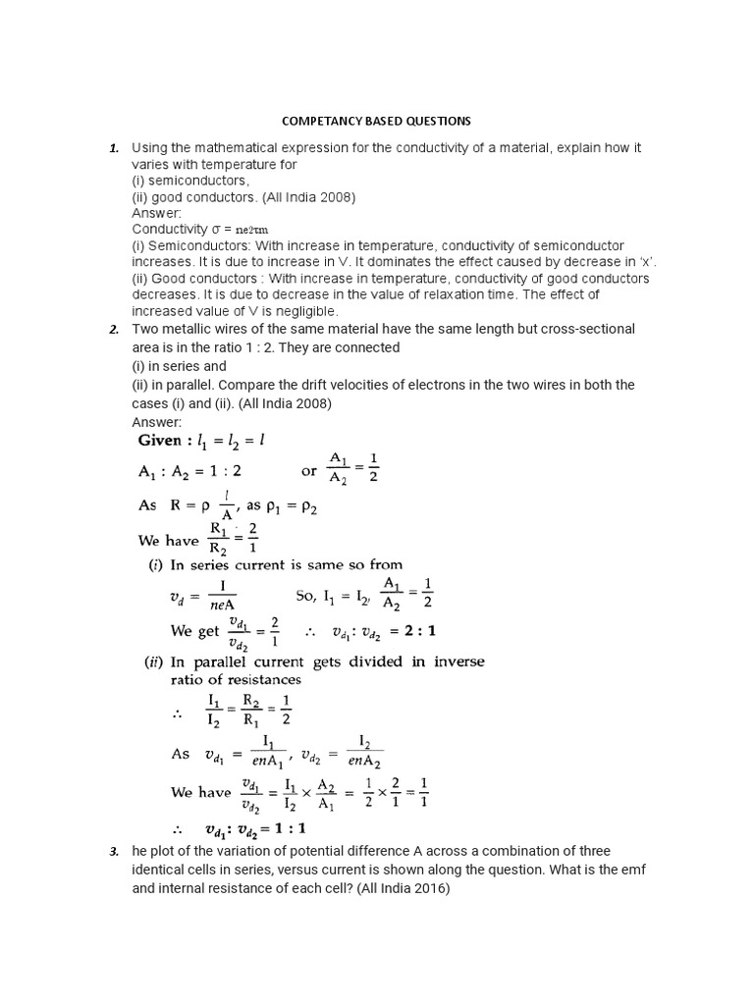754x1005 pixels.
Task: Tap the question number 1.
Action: pyautogui.click(x=114, y=148)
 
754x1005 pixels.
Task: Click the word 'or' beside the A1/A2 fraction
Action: pyautogui.click(x=309, y=470)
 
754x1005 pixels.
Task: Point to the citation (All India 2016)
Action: pyautogui.click(x=404, y=889)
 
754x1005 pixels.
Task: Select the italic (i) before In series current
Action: pyautogui.click(x=154, y=564)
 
